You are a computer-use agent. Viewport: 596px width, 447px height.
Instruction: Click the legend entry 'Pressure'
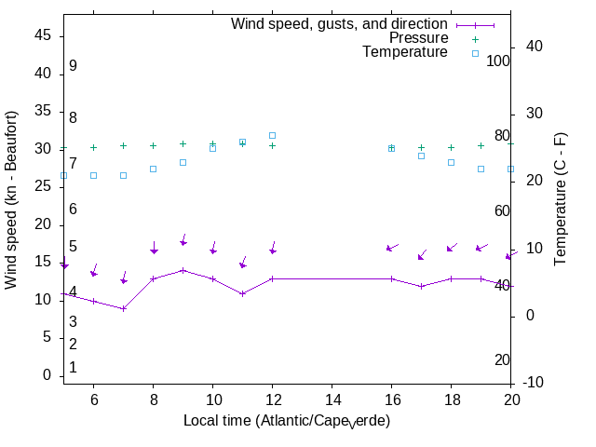point(418,38)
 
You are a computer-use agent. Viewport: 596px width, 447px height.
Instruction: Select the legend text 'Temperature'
point(405,52)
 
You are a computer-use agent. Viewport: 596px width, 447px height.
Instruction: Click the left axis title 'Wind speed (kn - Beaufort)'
point(12,199)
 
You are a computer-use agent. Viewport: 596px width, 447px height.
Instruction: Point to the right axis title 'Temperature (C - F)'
point(561,199)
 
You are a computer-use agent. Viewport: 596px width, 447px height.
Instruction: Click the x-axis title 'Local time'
point(286,421)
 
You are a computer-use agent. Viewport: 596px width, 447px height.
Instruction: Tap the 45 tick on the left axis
point(42,35)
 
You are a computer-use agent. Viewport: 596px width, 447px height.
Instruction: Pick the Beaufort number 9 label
point(73,66)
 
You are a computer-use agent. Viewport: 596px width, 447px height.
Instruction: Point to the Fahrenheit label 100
point(498,61)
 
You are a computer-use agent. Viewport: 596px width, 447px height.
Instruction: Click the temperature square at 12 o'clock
point(272,135)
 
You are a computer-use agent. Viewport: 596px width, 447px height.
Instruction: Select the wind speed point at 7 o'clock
point(123,308)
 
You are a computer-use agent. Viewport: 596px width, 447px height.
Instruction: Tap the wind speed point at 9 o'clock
point(183,270)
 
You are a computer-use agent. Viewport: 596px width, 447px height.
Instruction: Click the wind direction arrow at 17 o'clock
point(424,254)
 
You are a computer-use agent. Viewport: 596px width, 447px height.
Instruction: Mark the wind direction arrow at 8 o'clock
point(154,248)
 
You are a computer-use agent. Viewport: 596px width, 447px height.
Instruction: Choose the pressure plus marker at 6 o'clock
point(93,147)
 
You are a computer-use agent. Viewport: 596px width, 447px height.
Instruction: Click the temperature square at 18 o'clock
point(451,162)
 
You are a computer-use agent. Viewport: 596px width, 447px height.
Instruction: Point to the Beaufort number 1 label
point(73,368)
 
